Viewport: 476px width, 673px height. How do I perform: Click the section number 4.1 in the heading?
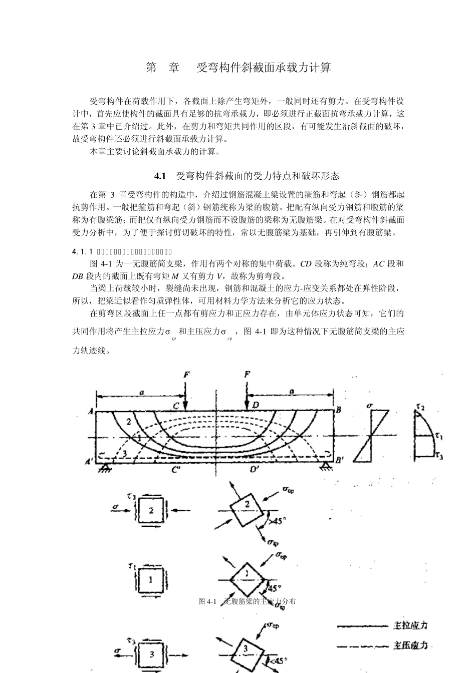(160, 176)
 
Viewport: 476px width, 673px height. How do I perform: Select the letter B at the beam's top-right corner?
(339, 410)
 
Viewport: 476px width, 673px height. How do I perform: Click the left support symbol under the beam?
(105, 468)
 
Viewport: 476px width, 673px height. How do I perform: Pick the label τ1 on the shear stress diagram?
(439, 437)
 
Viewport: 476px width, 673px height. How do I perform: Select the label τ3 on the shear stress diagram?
(439, 455)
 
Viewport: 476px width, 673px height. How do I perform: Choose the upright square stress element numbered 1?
(151, 580)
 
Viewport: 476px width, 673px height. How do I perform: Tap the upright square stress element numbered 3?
(152, 653)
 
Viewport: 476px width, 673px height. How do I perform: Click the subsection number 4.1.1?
(83, 251)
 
